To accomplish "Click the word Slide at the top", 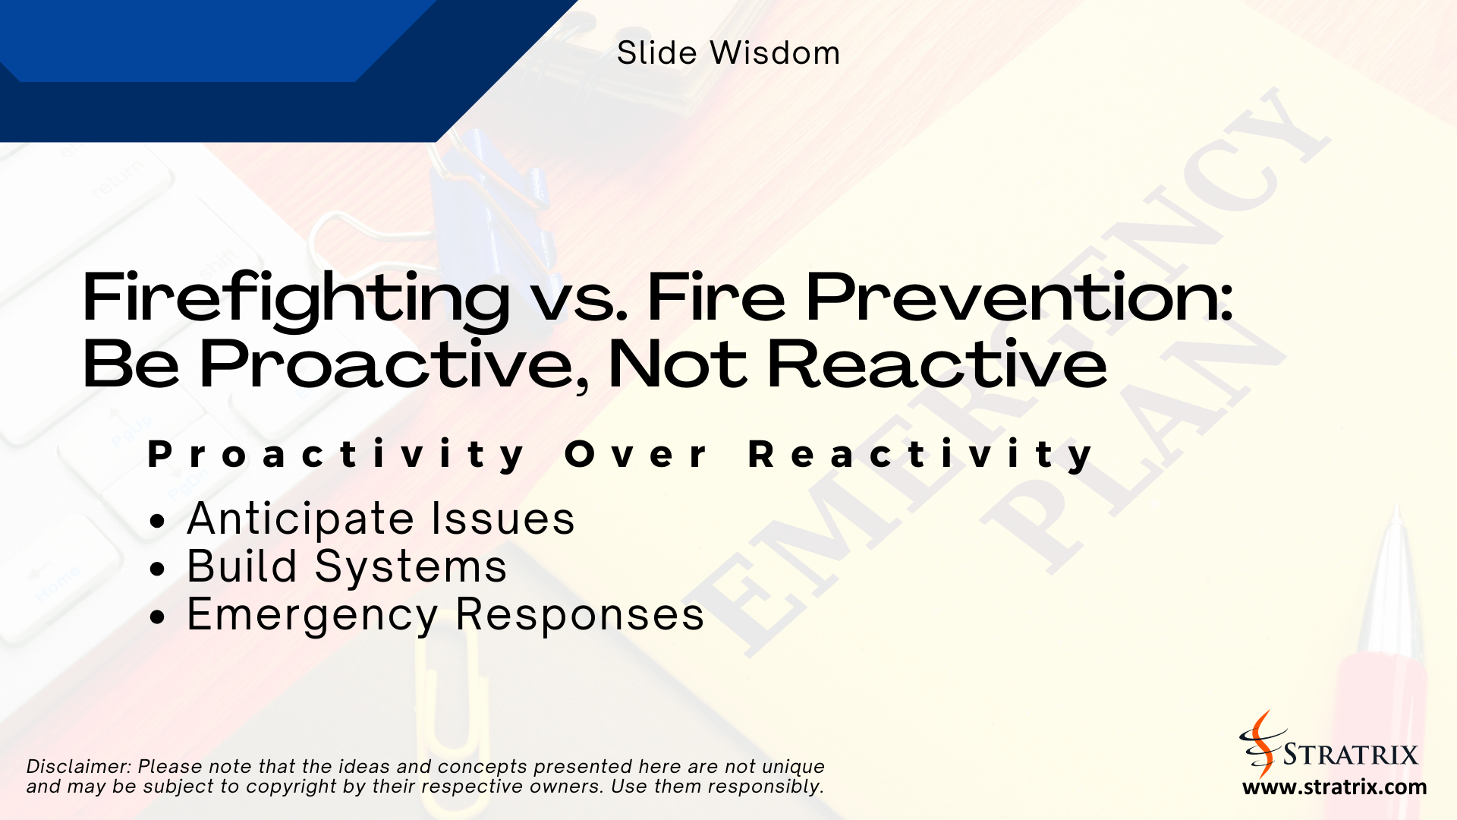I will (656, 53).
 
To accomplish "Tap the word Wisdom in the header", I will (775, 53).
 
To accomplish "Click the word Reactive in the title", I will (936, 365).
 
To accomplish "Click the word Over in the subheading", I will (636, 455).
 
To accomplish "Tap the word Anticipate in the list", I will (301, 519).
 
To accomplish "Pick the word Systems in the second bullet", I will (411, 567).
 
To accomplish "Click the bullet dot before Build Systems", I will (157, 569).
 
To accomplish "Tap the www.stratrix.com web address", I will (1334, 787).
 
